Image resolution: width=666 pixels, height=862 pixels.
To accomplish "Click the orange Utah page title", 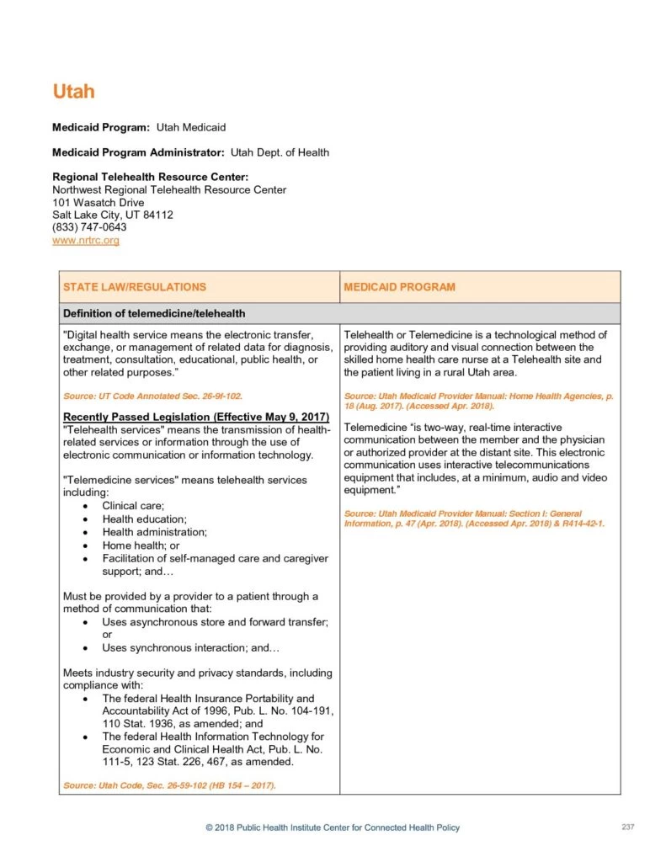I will (x=73, y=91).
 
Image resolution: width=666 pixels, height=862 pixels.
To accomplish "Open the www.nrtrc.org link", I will (x=86, y=241).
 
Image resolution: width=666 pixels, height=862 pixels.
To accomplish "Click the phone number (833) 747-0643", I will (x=89, y=227).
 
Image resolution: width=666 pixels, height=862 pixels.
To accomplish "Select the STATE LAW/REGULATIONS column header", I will (x=135, y=287).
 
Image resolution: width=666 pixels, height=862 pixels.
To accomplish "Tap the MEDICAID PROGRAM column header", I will (x=399, y=287).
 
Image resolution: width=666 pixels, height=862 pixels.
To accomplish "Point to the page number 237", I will (x=627, y=827).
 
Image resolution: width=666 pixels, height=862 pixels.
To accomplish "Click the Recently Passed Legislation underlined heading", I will (x=196, y=418).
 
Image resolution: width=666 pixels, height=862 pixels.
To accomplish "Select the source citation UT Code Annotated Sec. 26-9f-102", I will (x=153, y=396).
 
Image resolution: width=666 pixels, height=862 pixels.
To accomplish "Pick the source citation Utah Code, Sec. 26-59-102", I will (x=169, y=785).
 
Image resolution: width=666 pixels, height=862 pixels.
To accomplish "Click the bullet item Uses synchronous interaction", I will (x=190, y=648).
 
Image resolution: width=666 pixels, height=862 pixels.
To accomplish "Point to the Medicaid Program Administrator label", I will (x=138, y=152).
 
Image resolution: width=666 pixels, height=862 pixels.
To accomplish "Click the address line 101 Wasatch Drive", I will (x=98, y=202).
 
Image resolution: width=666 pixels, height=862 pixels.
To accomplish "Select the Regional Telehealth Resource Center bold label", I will (x=150, y=177).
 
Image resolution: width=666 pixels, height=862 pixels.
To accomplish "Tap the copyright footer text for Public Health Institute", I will (x=333, y=828).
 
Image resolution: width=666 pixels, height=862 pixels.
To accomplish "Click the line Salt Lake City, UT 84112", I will (x=113, y=215).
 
